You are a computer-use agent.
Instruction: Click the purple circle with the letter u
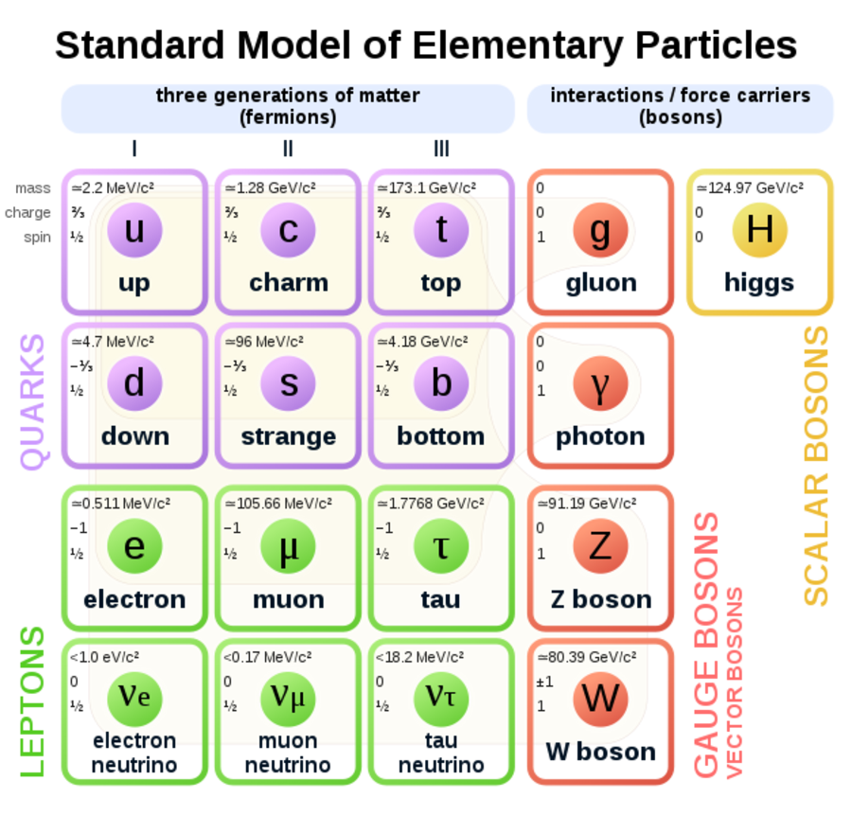(134, 230)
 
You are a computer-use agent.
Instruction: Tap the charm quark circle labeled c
(288, 230)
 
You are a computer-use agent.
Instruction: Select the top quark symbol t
(441, 230)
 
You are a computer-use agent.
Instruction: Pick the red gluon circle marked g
(600, 230)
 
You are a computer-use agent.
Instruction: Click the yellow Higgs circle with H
(759, 230)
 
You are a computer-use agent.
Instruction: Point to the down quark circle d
(134, 383)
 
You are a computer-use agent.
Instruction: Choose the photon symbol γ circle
(600, 383)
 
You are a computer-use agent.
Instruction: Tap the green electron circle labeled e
(134, 546)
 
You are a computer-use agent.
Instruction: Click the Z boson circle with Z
(600, 546)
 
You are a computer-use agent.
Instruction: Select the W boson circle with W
(600, 700)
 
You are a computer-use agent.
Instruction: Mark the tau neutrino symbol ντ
(441, 698)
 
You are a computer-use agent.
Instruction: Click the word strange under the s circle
(288, 437)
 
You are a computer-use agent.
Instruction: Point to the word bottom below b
(441, 437)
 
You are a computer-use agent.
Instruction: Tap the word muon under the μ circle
(288, 600)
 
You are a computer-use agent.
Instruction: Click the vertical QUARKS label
(32, 401)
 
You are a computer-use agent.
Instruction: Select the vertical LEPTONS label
(32, 701)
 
